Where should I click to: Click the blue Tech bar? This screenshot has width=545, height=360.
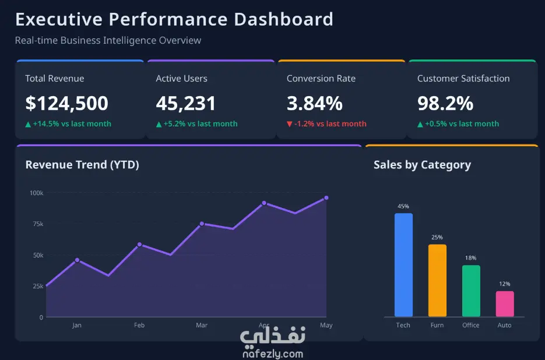coord(403,265)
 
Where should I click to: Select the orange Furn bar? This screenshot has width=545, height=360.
coord(437,280)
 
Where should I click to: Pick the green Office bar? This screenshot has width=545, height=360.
coord(471,291)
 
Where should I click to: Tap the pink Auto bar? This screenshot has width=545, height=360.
coord(505,303)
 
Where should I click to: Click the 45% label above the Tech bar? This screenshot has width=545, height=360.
coord(403,206)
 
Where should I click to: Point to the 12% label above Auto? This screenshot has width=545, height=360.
coord(505,284)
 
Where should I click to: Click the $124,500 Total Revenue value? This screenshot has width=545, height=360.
coord(66,104)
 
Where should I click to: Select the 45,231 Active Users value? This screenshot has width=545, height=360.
coord(185,104)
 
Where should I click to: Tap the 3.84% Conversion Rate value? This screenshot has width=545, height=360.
coord(315,104)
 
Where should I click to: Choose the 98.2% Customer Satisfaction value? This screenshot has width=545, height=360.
coord(445,104)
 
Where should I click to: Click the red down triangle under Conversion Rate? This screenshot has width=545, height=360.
coord(290,124)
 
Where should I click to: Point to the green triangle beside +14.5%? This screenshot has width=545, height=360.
coord(28,124)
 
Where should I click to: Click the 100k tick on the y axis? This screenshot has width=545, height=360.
coord(37,193)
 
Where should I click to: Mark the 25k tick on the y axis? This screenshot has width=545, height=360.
coord(38,287)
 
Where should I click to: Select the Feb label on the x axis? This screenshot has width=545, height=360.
coord(139,325)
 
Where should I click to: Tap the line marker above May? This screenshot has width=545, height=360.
coord(326,197)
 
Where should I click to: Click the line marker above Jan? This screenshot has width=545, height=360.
coord(77,260)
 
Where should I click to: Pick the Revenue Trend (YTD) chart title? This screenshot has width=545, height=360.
coord(82,165)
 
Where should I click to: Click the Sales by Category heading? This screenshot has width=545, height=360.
coord(423,165)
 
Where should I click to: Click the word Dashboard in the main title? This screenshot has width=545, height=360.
coord(284,19)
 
